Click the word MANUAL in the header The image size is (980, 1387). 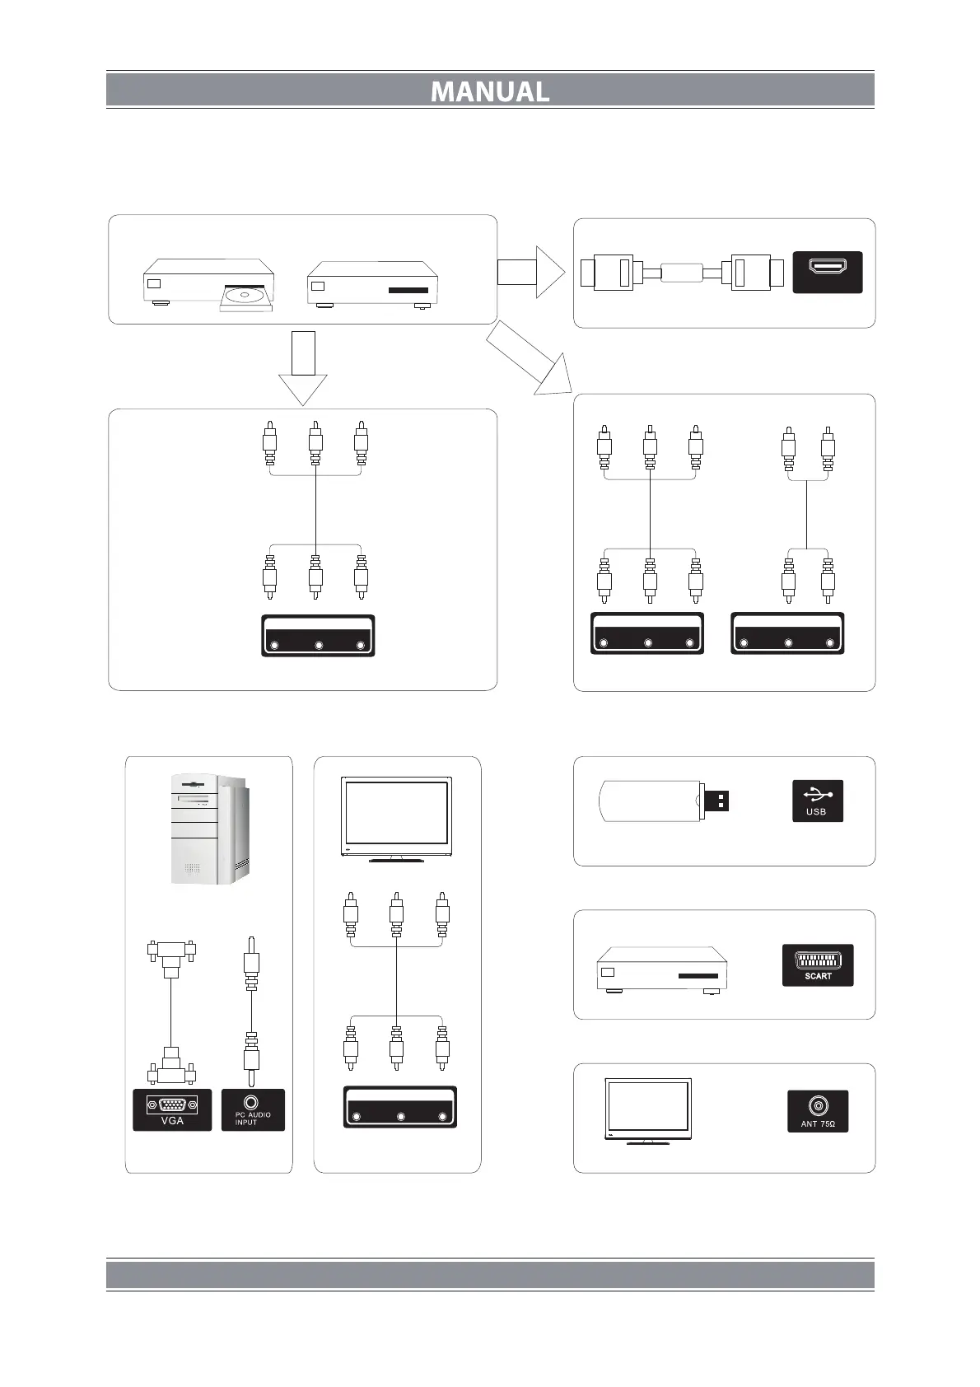click(x=490, y=91)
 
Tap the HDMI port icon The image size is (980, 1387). click(x=827, y=271)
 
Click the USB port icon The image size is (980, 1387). click(x=818, y=801)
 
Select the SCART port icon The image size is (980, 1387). click(x=818, y=964)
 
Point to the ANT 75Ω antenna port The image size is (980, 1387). click(x=818, y=1110)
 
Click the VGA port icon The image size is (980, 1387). click(x=172, y=1109)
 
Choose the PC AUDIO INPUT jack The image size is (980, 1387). click(x=253, y=1109)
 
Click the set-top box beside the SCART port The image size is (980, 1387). click(x=661, y=969)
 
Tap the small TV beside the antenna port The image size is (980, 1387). click(x=647, y=1110)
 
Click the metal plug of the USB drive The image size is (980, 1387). click(x=716, y=801)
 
